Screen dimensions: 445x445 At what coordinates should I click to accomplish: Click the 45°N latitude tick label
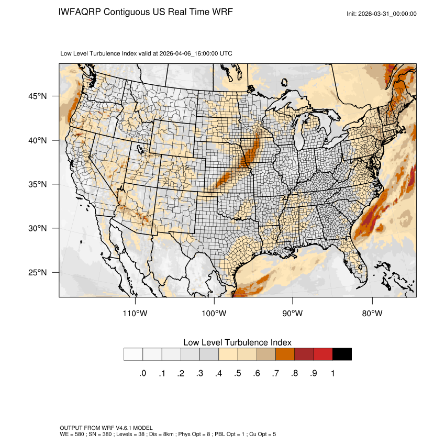coord(37,96)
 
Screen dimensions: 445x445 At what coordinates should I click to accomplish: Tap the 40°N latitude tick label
coord(37,140)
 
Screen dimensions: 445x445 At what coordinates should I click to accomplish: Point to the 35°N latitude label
coord(37,184)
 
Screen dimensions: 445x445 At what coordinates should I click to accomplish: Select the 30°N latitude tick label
coord(37,228)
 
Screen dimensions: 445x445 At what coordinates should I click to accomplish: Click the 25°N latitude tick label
coord(37,272)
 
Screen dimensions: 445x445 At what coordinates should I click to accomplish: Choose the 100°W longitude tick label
coord(214,314)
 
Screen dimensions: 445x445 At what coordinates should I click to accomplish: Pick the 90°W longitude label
coord(293,314)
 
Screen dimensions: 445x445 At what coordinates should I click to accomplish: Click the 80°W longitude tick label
coord(372,314)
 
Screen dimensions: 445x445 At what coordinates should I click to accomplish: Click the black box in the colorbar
coord(342,354)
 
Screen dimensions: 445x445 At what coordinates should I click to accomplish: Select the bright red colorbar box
coord(323,354)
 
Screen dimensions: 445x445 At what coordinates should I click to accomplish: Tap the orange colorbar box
coord(285,354)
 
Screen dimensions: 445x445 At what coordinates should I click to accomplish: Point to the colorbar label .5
coord(238,373)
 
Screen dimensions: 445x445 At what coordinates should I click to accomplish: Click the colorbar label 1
coord(332,373)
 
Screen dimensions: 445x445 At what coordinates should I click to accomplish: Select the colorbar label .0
coord(142,373)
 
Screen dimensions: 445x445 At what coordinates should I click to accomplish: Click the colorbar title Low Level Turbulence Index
coord(237,342)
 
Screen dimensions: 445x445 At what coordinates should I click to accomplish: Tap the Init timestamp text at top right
coord(381,14)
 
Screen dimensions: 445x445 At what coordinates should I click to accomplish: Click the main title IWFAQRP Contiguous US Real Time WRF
coord(146,12)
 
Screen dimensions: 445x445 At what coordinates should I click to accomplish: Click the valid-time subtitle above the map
coord(147,53)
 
